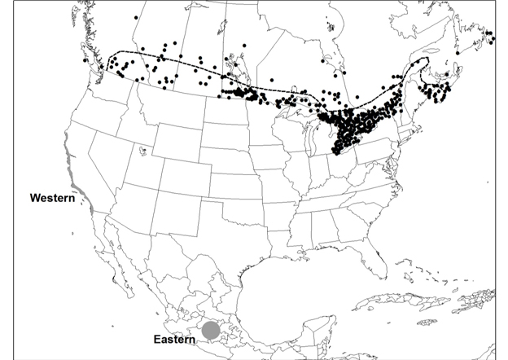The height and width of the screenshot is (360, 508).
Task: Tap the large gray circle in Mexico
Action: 211,330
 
